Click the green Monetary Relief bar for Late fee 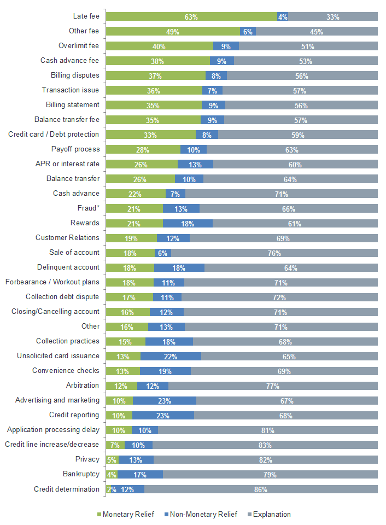click(191, 17)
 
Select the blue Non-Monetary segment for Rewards click(188, 223)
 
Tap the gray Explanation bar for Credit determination click(261, 489)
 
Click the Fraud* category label click(89, 208)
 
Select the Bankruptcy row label click(81, 474)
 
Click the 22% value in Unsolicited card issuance click(172, 357)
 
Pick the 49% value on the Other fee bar click(173, 32)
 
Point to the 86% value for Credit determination click(261, 489)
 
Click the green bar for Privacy click(112, 460)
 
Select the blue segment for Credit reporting click(163, 416)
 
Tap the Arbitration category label click(83, 386)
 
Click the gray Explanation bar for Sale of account click(274, 253)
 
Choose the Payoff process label click(75, 149)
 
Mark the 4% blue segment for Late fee click(283, 17)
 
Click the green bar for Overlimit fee click(159, 46)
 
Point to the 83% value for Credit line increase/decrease click(265, 445)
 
